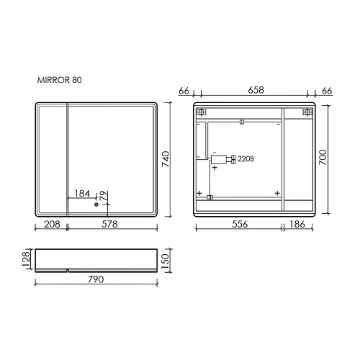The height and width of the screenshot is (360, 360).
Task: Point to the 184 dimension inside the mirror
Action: coord(83,194)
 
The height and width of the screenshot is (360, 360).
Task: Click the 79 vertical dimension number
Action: coord(103,195)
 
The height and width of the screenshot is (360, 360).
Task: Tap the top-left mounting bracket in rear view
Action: coord(202,112)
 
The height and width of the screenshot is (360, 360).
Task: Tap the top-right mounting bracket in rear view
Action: coord(307,112)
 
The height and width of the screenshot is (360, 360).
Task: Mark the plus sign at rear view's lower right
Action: coord(277,193)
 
